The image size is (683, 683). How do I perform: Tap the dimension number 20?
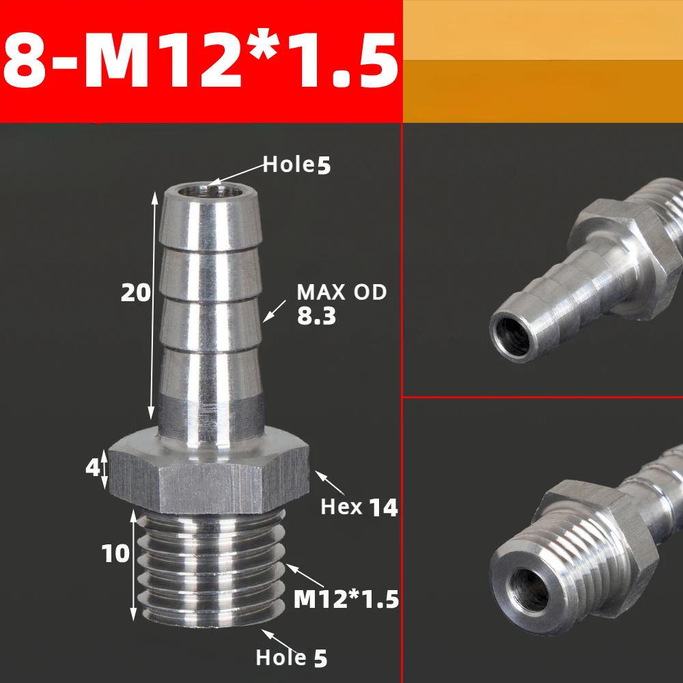coord(135,292)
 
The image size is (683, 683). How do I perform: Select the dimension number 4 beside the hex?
coord(93,469)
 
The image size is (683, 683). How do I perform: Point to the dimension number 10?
coord(115,553)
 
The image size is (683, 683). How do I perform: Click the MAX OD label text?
coord(341,292)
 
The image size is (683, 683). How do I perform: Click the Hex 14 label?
coord(359,507)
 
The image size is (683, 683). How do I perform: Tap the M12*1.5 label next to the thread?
coord(346,599)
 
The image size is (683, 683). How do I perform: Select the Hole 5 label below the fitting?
coord(292,658)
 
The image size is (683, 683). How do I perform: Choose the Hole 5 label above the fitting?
coord(297,165)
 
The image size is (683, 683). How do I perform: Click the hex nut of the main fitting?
coord(209,475)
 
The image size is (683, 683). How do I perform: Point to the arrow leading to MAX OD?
coord(275,311)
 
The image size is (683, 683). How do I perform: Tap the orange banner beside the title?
coord(543,61)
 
